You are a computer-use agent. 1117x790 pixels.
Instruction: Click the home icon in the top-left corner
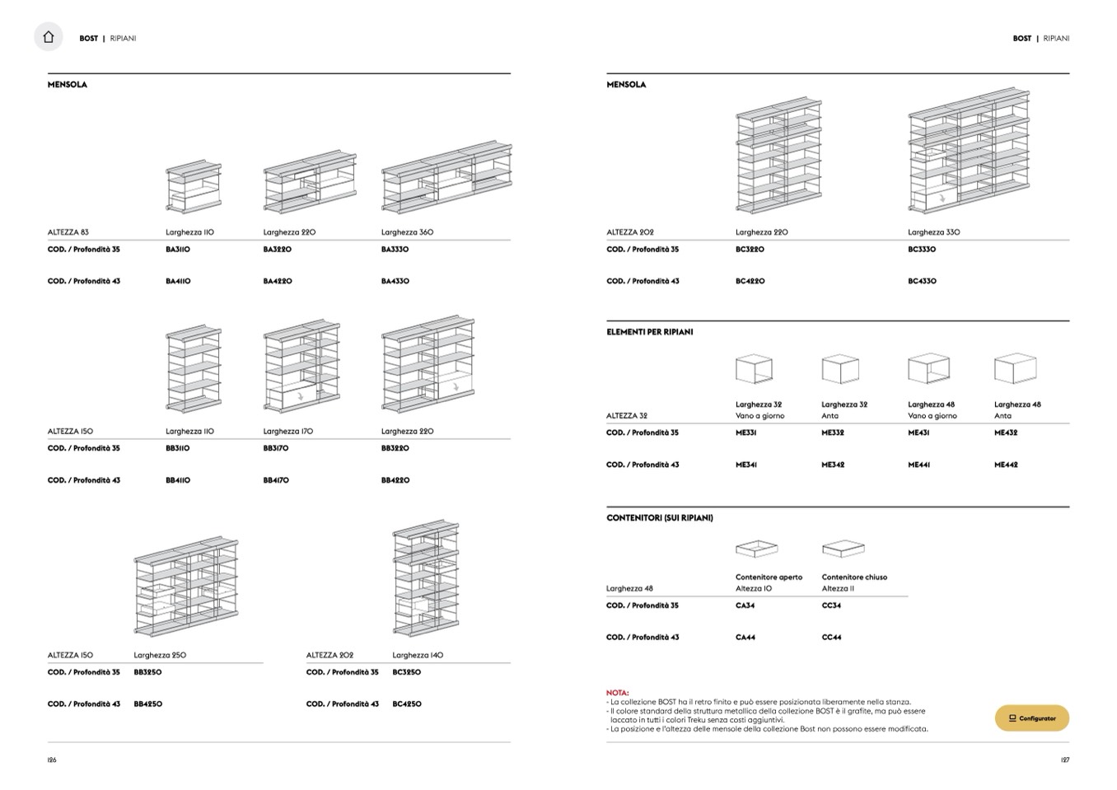(49, 37)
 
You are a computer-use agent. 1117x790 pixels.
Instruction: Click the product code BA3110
(178, 250)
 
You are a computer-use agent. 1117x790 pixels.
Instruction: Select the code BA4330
(395, 282)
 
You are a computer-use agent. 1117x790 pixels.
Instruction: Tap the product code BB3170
(276, 449)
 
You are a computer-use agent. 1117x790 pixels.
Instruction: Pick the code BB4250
(148, 704)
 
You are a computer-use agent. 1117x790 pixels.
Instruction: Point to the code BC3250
(407, 672)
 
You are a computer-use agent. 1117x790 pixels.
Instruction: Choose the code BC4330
(923, 282)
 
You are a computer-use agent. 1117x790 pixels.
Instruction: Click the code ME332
(833, 433)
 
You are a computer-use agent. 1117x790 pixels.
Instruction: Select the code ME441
(919, 465)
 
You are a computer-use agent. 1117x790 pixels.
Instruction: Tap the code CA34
(745, 606)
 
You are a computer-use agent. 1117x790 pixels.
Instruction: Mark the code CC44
(831, 638)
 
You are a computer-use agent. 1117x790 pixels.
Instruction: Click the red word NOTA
(617, 694)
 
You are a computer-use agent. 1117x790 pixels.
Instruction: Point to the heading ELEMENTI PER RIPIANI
(650, 332)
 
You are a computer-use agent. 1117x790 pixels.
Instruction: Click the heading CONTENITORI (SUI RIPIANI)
(660, 518)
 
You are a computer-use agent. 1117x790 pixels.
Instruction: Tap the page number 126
(52, 760)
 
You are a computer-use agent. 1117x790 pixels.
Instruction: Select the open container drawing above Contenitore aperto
(756, 549)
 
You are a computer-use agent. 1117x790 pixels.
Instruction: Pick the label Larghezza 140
(418, 656)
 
